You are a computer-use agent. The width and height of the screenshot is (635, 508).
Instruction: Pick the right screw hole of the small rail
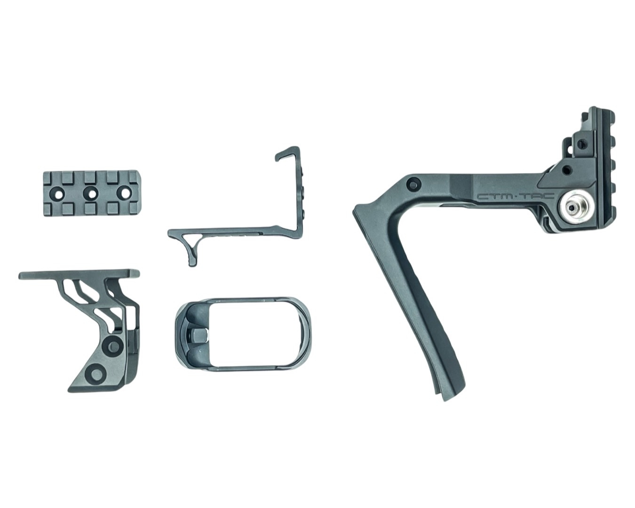(125, 193)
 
